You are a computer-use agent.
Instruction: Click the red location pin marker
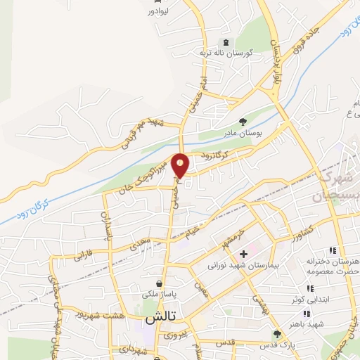[181, 165]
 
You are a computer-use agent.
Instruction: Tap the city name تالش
[160, 318]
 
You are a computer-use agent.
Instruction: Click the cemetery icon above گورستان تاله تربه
[225, 42]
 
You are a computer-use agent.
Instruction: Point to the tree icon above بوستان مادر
[243, 122]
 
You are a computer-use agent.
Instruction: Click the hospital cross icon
[243, 255]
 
